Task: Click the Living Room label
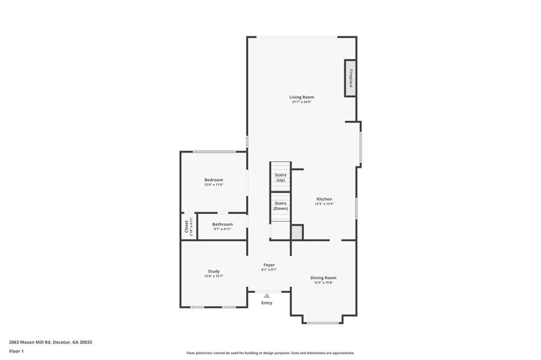point(302,97)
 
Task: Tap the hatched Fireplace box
point(350,78)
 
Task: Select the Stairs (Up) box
point(281,177)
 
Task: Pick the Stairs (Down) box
point(281,206)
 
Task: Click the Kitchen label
point(324,199)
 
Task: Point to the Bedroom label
point(214,180)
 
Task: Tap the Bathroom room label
point(222,224)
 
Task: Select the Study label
point(214,271)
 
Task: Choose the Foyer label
point(269,265)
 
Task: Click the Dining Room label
point(323,278)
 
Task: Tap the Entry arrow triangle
point(267,296)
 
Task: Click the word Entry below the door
point(267,303)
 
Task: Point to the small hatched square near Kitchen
point(297,233)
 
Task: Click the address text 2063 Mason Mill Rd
point(50,342)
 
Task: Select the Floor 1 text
point(16,350)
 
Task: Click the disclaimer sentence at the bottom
point(270,353)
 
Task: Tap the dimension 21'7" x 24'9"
point(302,102)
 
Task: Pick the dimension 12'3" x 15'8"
point(323,282)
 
